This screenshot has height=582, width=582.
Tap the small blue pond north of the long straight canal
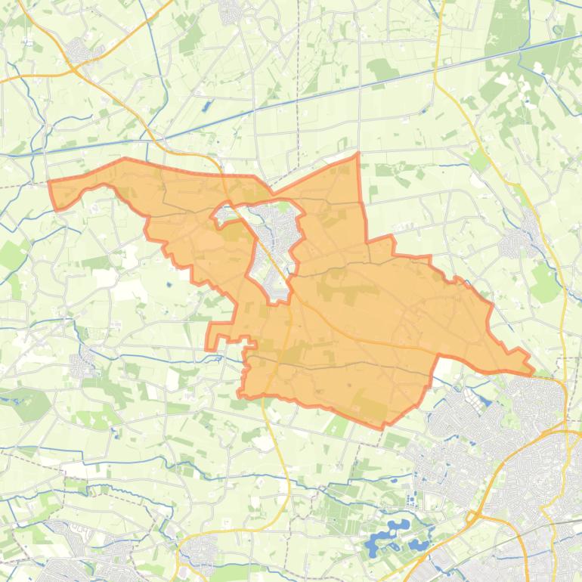205,106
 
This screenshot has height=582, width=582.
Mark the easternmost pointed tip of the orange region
533,372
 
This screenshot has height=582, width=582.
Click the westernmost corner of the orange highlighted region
50,182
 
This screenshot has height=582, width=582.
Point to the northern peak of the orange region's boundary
357,155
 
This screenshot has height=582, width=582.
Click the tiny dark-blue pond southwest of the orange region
169,286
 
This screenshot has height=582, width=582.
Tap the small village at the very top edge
231,11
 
